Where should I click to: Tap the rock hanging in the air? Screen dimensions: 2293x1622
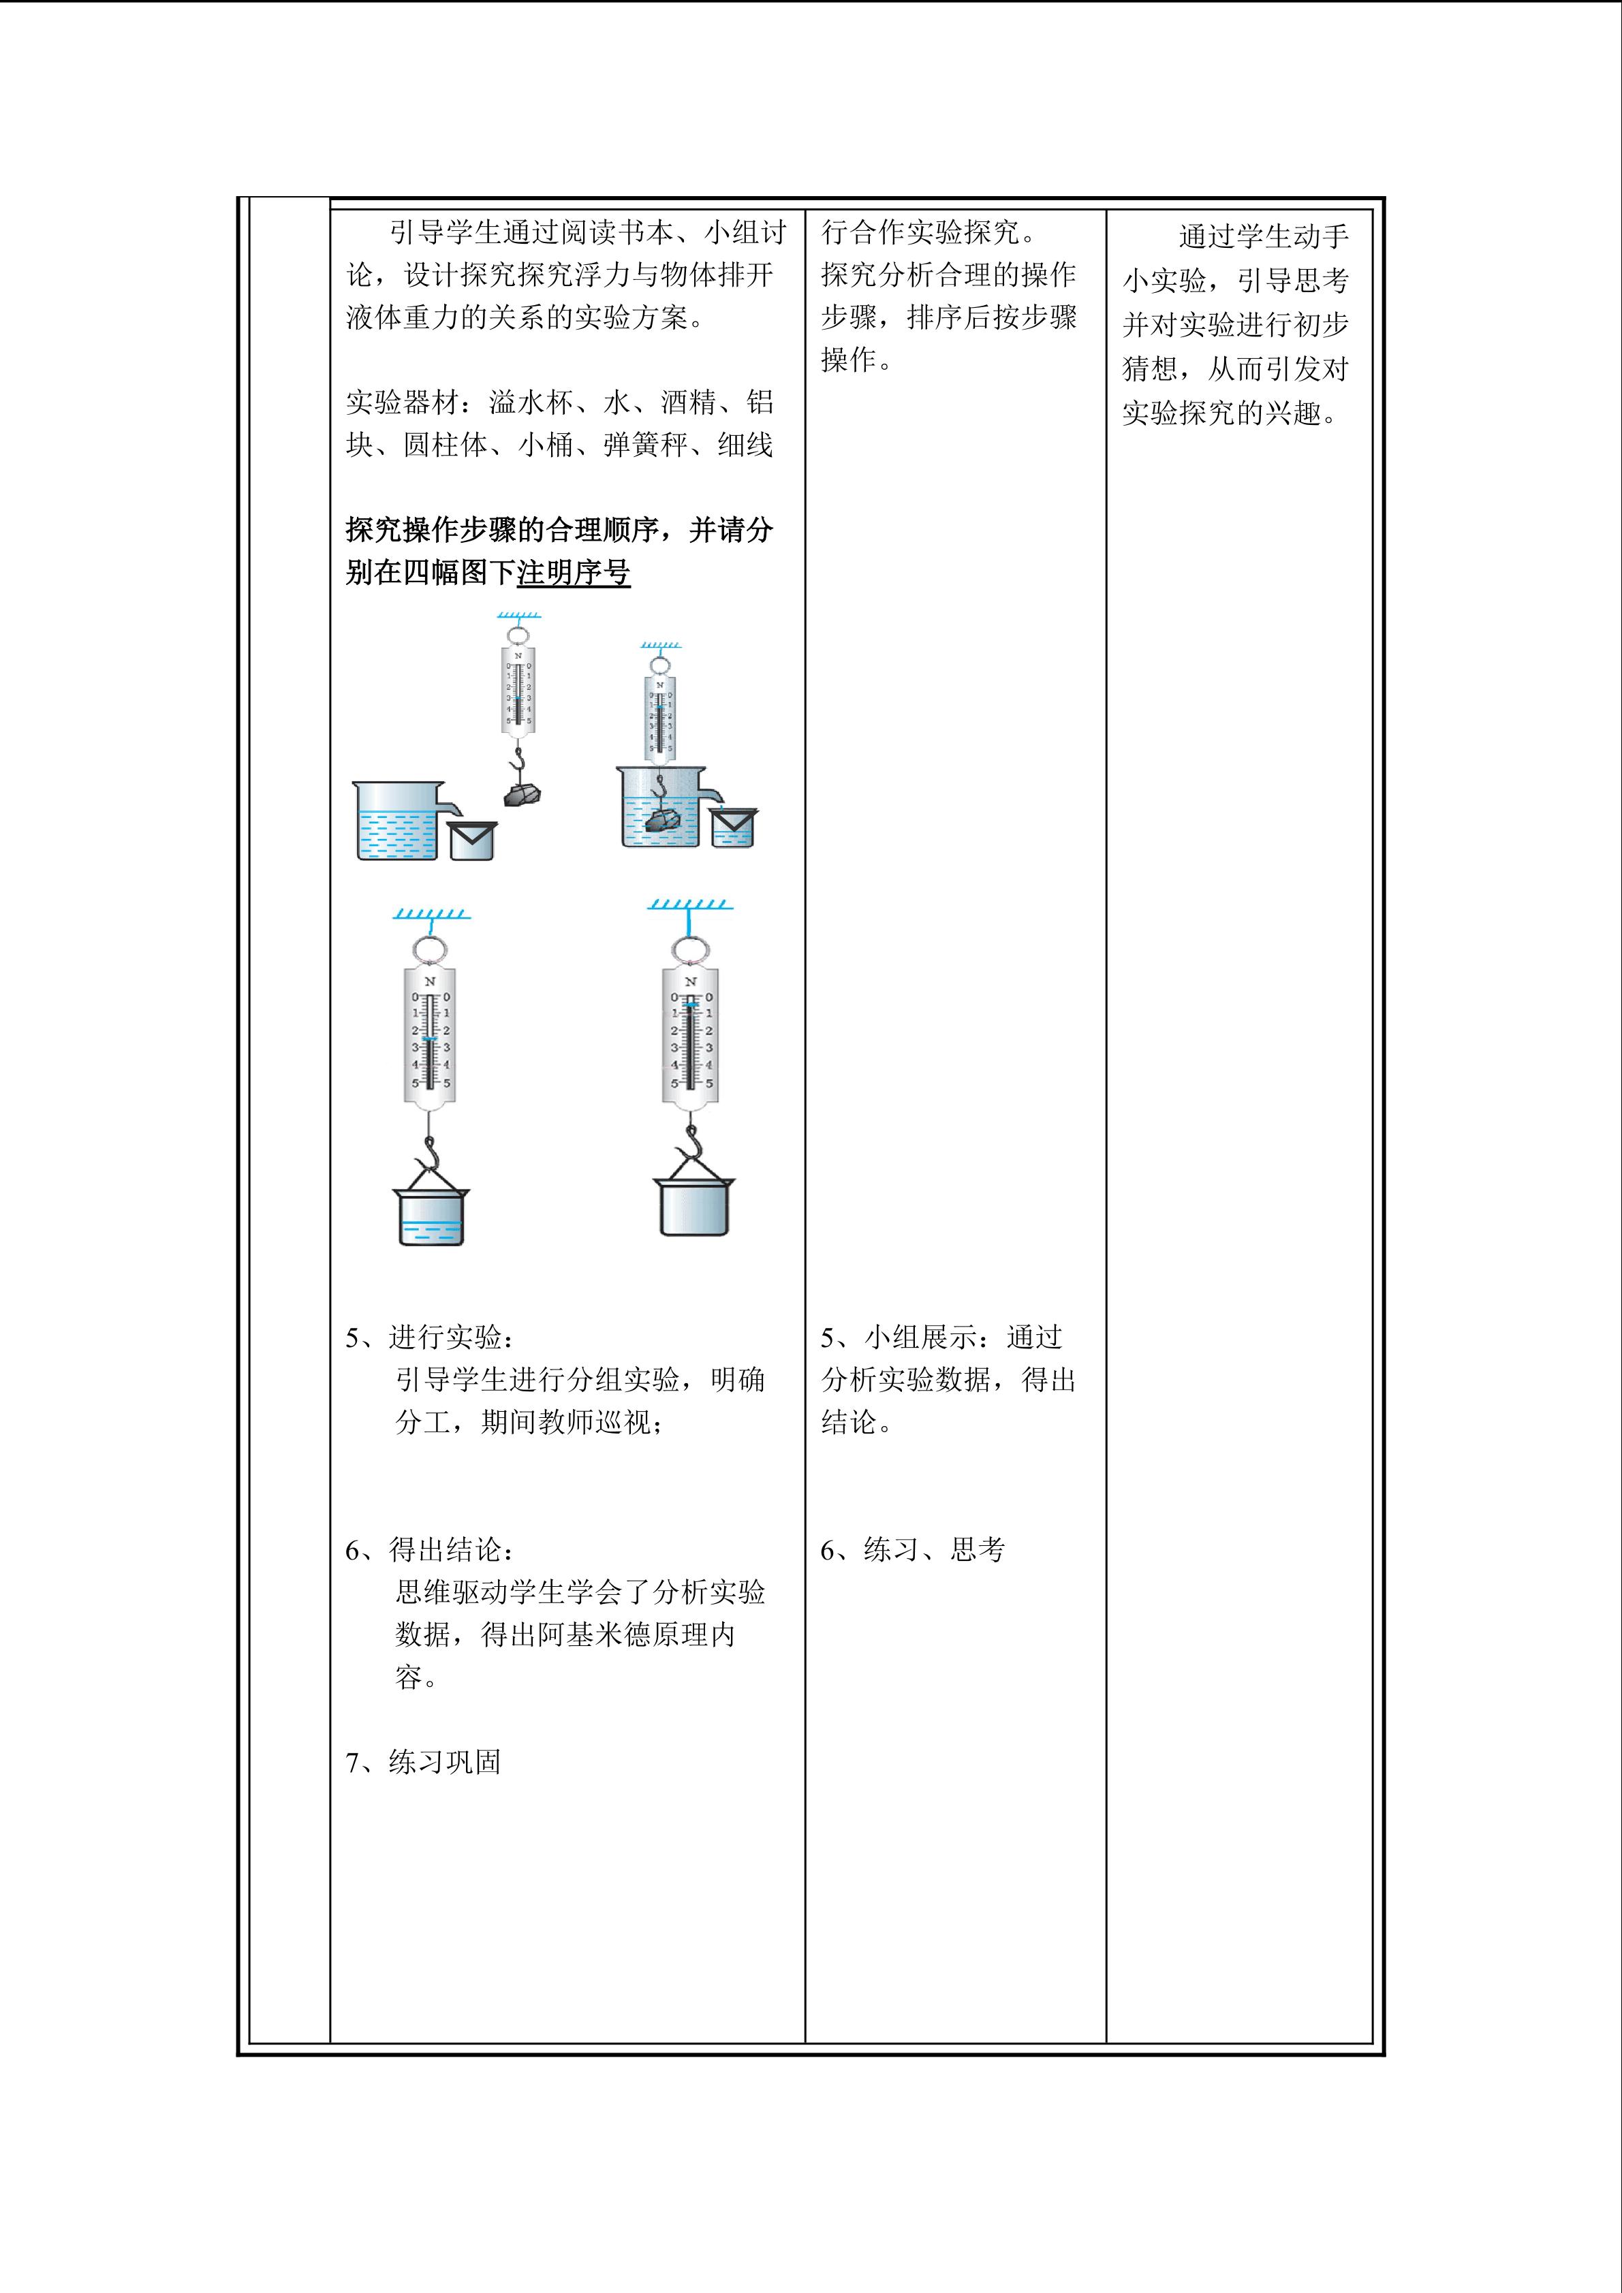click(x=523, y=795)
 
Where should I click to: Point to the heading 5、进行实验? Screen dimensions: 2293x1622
click(x=431, y=1338)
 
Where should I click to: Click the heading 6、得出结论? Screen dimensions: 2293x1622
click(x=431, y=1550)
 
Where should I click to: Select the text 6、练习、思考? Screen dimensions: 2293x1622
click(x=913, y=1550)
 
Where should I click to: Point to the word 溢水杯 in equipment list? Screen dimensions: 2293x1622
click(x=531, y=402)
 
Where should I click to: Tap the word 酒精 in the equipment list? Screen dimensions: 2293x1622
click(x=688, y=402)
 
